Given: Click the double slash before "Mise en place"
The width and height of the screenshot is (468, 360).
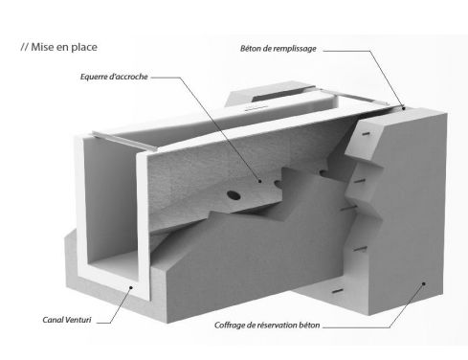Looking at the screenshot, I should pyautogui.click(x=22, y=45).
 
